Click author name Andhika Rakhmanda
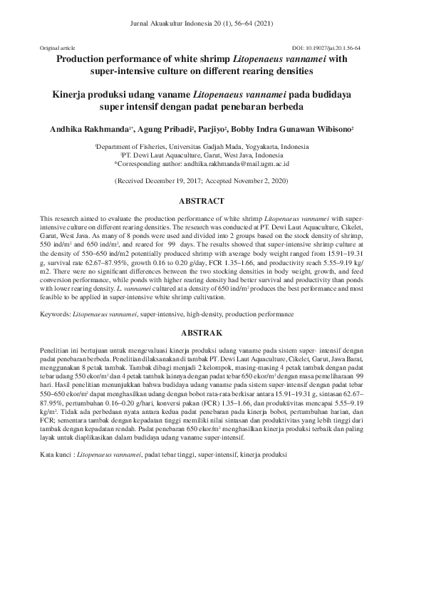tap(91, 130)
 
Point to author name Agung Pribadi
tap(165, 130)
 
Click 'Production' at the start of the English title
tap(83, 60)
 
